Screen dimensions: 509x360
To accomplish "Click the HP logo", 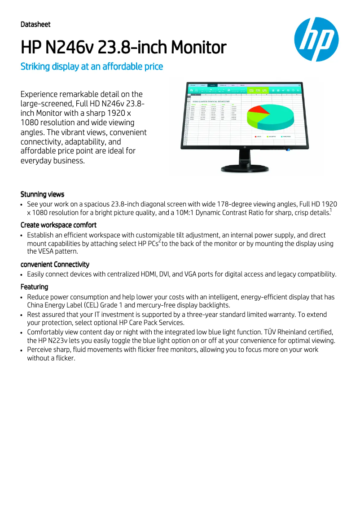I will [316, 39].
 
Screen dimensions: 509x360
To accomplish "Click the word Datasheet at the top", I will [35, 24].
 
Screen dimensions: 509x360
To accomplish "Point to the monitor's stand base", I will [246, 169].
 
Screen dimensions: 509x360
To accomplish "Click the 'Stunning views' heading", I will [42, 194].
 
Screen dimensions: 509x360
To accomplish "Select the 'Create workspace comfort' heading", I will [58, 225].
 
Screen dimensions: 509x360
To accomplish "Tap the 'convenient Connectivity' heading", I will [55, 264].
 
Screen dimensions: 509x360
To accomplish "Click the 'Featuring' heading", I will [34, 287].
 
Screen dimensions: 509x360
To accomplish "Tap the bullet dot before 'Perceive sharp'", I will [22, 350].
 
